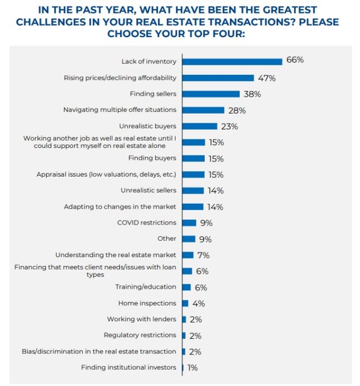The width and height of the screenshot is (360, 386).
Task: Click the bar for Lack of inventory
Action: point(232,61)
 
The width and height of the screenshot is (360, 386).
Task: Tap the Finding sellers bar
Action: point(211,94)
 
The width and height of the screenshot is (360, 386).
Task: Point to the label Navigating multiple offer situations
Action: point(120,110)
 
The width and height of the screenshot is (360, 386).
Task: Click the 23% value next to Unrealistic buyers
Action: point(229,126)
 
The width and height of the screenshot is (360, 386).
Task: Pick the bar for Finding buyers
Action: point(193,158)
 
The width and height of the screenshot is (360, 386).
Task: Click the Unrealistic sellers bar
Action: point(193,191)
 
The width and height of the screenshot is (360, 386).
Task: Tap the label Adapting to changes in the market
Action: point(120,207)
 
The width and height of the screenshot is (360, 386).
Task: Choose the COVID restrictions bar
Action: point(189,223)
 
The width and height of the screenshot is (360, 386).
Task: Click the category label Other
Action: point(166,239)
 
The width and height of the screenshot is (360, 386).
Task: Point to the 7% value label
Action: point(203,255)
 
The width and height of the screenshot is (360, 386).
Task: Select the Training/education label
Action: point(146,287)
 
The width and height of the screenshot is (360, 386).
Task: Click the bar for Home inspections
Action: point(185,303)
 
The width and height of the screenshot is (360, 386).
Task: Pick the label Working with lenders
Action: point(141,319)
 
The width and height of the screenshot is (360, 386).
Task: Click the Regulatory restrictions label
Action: point(139,335)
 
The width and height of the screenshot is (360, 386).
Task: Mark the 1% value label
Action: point(192,367)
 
